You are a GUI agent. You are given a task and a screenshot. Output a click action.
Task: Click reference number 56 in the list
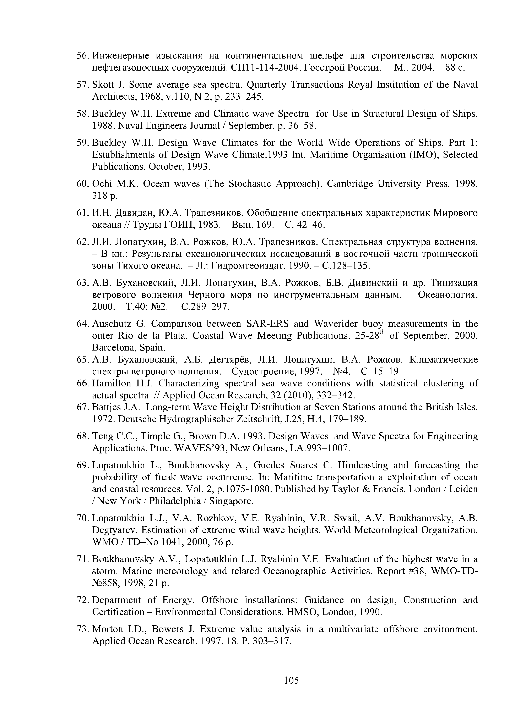[83, 56]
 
